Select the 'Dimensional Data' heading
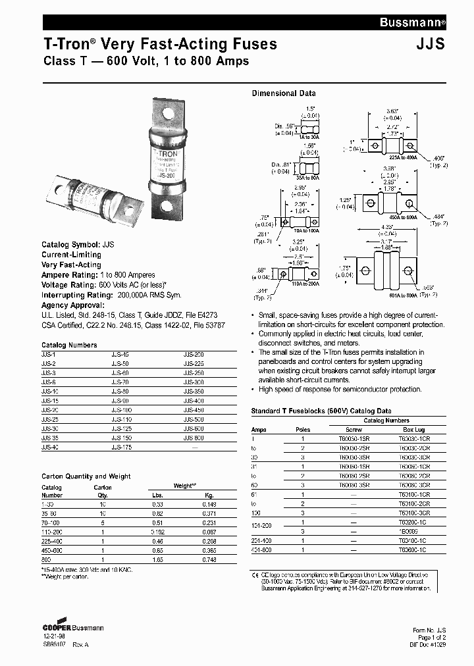284,93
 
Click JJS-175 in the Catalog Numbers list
121,447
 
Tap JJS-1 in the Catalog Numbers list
47,355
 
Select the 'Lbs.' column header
158,496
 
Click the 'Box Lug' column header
413,429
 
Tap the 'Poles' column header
303,429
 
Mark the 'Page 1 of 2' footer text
431,638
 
